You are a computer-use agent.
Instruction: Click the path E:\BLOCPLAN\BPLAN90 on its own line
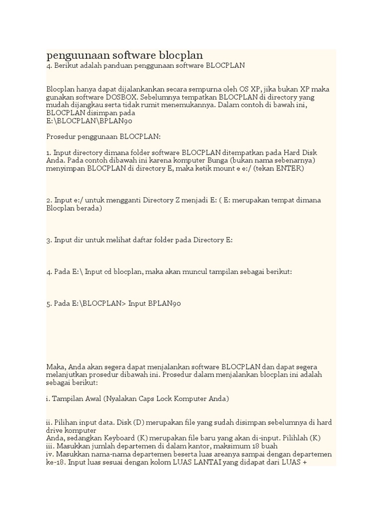[89, 121]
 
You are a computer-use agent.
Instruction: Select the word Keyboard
[115, 438]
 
